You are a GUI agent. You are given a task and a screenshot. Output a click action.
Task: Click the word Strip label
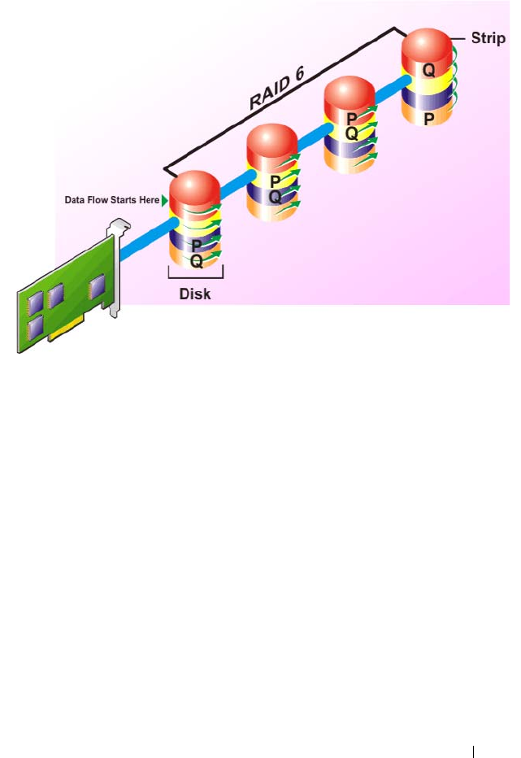pos(488,38)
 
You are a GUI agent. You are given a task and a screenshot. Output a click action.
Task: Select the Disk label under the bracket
pos(195,294)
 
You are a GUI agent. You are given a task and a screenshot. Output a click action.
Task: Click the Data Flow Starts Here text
pos(112,200)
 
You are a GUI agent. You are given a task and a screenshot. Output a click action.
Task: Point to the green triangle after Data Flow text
pos(165,200)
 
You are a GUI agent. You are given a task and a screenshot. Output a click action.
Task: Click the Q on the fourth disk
pos(428,70)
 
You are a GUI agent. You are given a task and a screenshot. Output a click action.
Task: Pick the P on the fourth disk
pos(428,117)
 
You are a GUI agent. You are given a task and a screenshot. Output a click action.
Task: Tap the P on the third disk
pos(351,120)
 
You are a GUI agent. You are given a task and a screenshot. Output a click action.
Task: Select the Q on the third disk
pos(351,133)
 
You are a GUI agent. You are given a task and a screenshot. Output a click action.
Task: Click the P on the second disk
pos(275,181)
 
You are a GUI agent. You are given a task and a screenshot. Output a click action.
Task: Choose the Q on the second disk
pos(275,196)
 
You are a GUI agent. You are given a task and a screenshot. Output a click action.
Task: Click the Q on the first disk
pos(196,261)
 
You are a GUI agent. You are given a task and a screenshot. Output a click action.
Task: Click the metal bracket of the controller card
pos(115,268)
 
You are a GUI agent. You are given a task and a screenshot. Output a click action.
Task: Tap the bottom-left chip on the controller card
pos(37,329)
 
